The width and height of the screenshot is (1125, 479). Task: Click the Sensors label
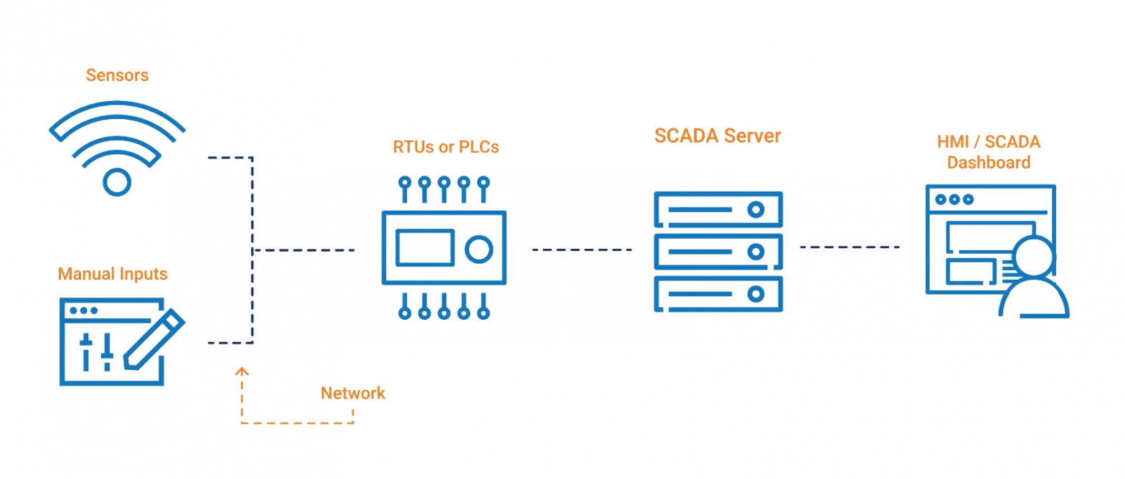pyautogui.click(x=117, y=75)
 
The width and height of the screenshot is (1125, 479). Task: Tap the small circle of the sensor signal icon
pyautogui.click(x=117, y=181)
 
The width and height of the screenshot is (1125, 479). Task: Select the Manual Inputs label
pyautogui.click(x=113, y=274)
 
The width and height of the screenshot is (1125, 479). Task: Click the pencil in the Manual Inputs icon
pyautogui.click(x=154, y=341)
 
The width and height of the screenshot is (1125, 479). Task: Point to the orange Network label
pyautogui.click(x=352, y=393)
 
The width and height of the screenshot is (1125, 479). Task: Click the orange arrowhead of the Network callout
pyautogui.click(x=242, y=371)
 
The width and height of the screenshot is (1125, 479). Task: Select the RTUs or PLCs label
pyautogui.click(x=446, y=147)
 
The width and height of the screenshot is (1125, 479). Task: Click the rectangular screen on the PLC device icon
pyautogui.click(x=425, y=247)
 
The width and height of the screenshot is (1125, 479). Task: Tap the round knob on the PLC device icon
pyautogui.click(x=479, y=249)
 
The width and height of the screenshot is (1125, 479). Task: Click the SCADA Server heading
pyautogui.click(x=717, y=136)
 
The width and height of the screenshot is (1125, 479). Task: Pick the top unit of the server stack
pyautogui.click(x=718, y=209)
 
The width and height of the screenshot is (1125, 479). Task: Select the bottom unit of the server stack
pyautogui.click(x=718, y=294)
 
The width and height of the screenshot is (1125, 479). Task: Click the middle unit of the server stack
pyautogui.click(x=718, y=252)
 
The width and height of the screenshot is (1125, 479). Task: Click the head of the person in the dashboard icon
pyautogui.click(x=1034, y=257)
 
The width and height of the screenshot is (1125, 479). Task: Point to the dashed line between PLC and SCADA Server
pyautogui.click(x=581, y=250)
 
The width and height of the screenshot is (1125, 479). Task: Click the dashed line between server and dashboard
pyautogui.click(x=849, y=247)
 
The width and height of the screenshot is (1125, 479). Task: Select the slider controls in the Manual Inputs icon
pyautogui.click(x=97, y=350)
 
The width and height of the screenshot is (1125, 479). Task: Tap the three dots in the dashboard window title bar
pyautogui.click(x=954, y=199)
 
